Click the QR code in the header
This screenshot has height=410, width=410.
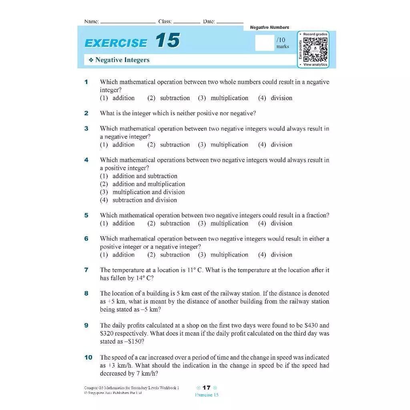click(x=316, y=49)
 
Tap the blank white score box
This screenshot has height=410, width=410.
click(x=264, y=43)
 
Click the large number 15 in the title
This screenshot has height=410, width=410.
click(x=167, y=41)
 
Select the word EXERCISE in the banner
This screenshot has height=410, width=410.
click(x=116, y=43)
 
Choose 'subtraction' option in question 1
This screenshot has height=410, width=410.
click(x=175, y=98)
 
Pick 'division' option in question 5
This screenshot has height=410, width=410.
click(x=281, y=223)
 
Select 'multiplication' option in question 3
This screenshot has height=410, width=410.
click(x=229, y=145)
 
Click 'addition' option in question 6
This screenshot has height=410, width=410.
click(x=123, y=255)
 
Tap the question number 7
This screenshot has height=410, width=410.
click(x=86, y=270)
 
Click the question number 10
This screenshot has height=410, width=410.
click(x=88, y=357)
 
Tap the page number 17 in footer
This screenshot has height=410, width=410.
click(x=206, y=388)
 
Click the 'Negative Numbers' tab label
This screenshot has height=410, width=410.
click(x=269, y=27)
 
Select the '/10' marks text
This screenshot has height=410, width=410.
click(x=281, y=40)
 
